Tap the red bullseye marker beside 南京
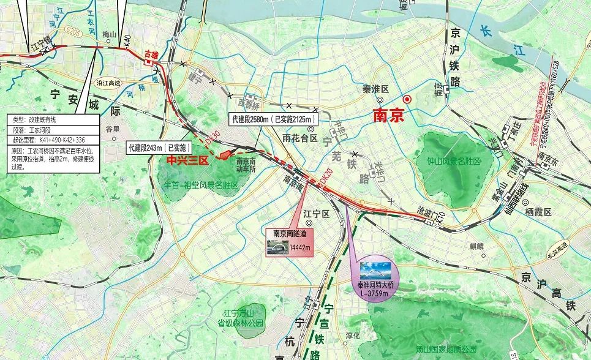(407, 99)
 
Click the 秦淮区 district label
(376, 89)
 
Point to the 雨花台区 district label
(296, 138)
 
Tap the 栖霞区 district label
(538, 212)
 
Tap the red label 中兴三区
(188, 160)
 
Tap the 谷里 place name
(113, 129)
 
